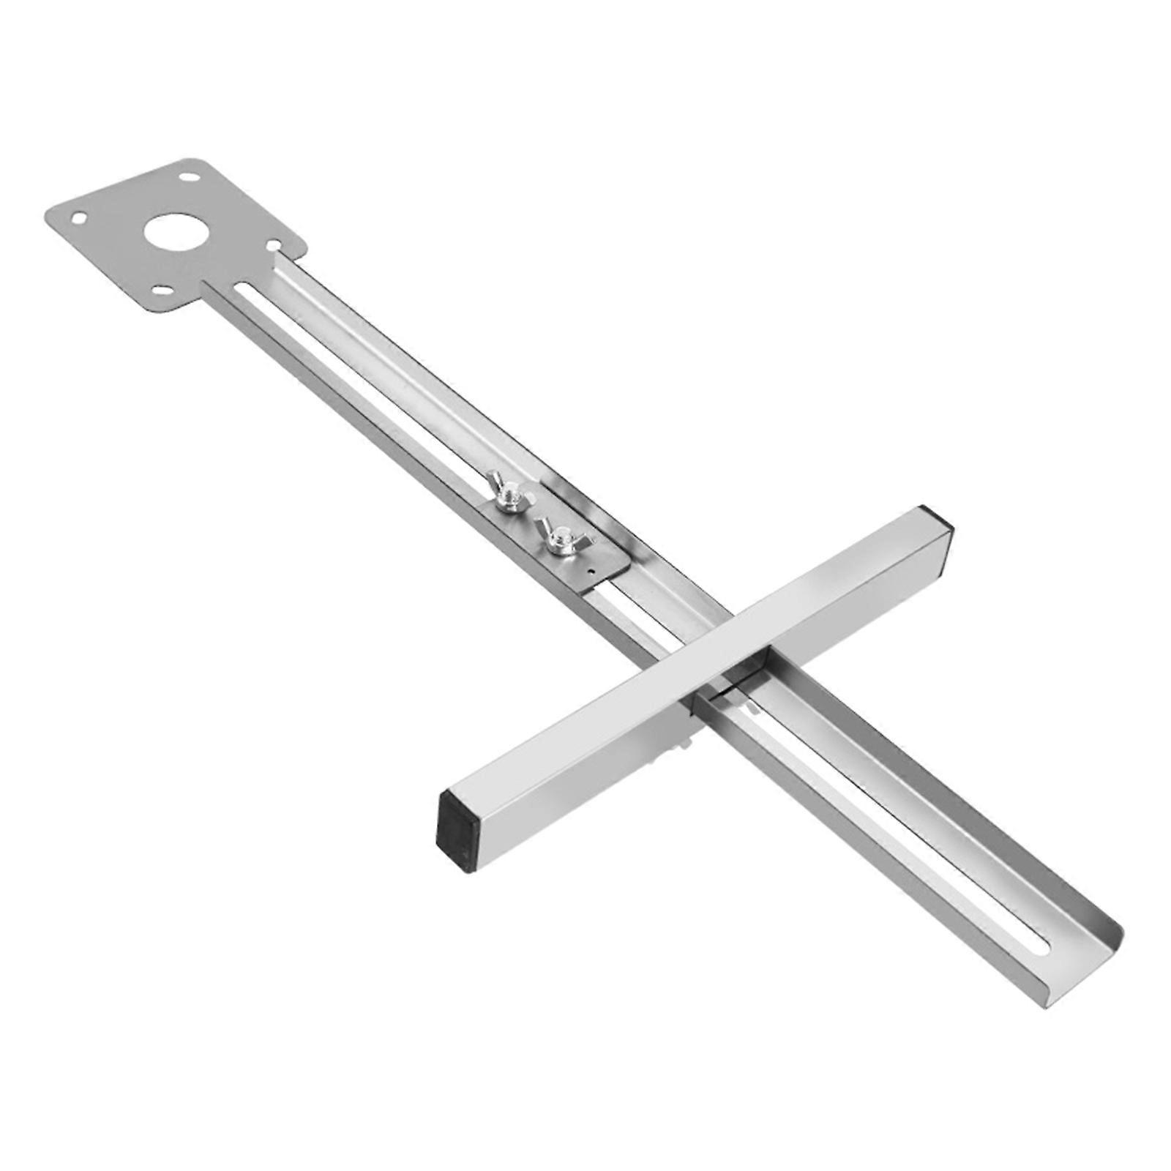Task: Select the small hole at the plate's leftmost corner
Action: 77,217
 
